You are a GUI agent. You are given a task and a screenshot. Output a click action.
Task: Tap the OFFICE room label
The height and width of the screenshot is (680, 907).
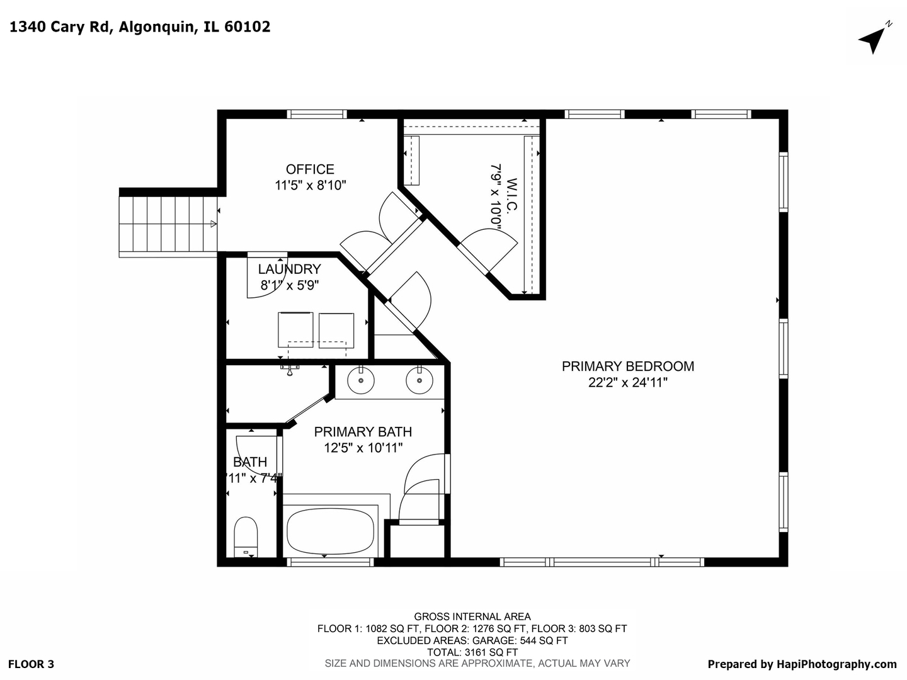[310, 169]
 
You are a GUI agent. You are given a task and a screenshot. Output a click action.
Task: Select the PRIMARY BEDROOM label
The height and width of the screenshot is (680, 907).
[628, 366]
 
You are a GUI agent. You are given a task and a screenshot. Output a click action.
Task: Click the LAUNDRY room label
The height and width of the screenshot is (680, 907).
[289, 269]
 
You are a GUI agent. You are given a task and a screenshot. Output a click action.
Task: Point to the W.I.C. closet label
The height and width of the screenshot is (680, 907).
[511, 194]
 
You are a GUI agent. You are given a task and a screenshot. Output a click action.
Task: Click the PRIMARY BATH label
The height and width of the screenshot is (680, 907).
[363, 432]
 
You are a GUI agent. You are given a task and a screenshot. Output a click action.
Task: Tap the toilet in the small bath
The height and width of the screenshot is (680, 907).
[246, 536]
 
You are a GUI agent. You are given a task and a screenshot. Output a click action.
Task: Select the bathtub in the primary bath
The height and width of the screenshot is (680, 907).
[330, 531]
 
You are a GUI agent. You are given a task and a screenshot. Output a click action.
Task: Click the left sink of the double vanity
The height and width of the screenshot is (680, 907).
[361, 380]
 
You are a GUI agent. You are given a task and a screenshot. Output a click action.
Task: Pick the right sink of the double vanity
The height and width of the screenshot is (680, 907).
[419, 380]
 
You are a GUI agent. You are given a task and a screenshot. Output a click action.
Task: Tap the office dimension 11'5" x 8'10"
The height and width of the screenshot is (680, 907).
[311, 185]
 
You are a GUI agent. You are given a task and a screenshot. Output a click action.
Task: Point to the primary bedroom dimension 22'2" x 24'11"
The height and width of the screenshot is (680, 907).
[628, 383]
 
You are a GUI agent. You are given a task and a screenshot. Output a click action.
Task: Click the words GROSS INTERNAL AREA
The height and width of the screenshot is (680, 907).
[472, 617]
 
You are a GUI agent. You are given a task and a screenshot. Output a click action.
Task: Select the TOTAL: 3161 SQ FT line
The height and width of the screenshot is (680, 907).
[472, 652]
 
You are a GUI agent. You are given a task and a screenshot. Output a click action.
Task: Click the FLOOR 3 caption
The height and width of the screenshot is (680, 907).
[31, 664]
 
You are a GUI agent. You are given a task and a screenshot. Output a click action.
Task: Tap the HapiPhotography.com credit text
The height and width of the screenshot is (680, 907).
[836, 664]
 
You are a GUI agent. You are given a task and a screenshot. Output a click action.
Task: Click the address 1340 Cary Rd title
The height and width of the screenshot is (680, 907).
[60, 27]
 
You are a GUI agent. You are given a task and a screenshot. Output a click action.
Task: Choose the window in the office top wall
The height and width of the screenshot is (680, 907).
[317, 115]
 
